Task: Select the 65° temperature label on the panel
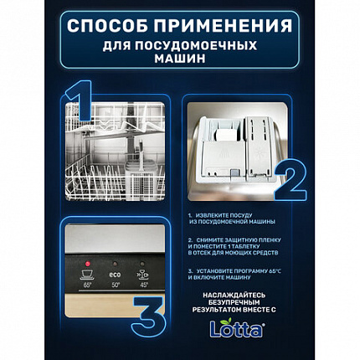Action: (x=86, y=285)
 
